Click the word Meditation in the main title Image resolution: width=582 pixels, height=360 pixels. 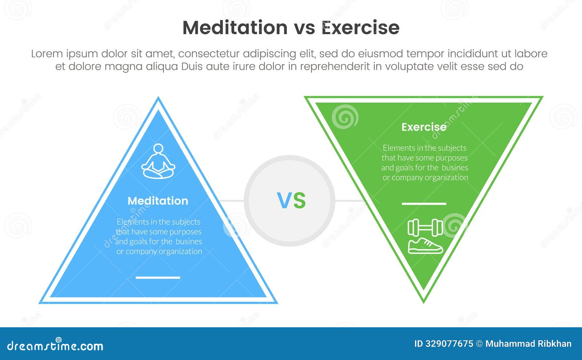(x=235, y=28)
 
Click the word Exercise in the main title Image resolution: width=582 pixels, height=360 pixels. (x=360, y=28)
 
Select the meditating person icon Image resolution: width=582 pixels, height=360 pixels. (x=158, y=161)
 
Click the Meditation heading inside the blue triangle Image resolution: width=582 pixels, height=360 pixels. (x=158, y=201)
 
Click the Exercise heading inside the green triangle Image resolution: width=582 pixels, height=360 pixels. (x=424, y=127)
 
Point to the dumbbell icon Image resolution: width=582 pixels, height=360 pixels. (x=425, y=228)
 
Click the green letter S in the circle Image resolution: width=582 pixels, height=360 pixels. (x=299, y=201)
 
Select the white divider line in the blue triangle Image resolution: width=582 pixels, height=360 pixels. (x=158, y=277)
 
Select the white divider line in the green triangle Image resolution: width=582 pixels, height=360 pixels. (x=424, y=204)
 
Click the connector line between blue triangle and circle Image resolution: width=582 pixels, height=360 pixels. (x=232, y=200)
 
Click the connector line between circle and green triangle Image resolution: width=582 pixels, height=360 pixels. (x=348, y=200)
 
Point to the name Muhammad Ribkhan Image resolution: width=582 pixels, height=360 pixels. (x=528, y=344)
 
